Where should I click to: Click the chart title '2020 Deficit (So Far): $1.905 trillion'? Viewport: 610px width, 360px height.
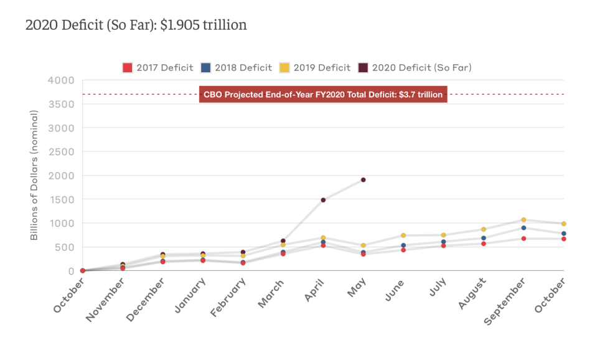[x=136, y=26]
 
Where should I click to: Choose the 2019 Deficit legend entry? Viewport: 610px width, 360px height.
[x=315, y=67]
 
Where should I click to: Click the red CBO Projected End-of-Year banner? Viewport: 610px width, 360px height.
[x=323, y=95]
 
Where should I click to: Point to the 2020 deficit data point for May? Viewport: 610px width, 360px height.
[x=363, y=180]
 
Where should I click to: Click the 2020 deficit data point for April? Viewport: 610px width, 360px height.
[x=323, y=200]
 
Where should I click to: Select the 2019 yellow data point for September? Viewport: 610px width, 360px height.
[x=523, y=220]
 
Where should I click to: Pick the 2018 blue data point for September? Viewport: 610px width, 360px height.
[x=523, y=228]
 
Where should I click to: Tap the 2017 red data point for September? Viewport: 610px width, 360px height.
[x=523, y=239]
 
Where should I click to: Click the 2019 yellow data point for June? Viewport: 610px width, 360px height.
[x=403, y=235]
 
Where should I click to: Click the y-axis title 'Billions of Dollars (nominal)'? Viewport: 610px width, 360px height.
[x=34, y=176]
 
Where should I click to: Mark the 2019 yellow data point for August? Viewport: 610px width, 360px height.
[x=484, y=229]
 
